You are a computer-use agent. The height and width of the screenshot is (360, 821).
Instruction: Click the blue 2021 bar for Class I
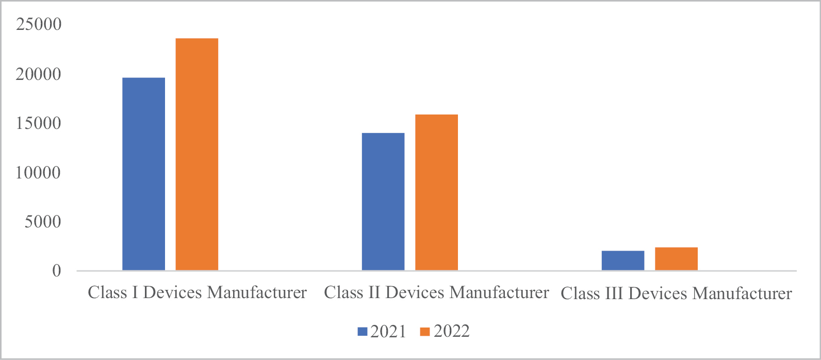tap(143, 174)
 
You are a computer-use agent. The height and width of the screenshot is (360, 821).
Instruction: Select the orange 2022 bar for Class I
tap(197, 154)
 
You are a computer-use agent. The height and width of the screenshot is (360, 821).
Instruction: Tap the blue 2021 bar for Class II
tap(383, 202)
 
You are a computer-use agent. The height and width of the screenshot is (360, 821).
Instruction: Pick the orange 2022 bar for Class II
tap(436, 192)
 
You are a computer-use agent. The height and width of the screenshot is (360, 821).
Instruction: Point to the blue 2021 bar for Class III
tap(622, 260)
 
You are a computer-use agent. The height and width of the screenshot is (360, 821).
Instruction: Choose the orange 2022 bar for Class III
tap(676, 259)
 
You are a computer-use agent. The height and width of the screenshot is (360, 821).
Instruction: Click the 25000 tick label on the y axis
tap(39, 25)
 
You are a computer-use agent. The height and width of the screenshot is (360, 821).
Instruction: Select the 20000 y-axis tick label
tap(39, 74)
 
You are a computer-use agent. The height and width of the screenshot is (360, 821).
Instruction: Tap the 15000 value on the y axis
tap(39, 123)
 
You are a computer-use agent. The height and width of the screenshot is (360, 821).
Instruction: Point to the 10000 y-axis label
tap(39, 172)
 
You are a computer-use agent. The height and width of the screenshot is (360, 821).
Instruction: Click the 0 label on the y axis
tap(56, 271)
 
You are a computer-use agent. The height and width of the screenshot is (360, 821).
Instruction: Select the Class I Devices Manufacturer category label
tap(197, 292)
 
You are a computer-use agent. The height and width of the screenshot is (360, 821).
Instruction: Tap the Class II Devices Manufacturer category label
tap(436, 292)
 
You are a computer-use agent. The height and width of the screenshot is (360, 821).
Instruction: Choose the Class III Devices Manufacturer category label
tap(676, 293)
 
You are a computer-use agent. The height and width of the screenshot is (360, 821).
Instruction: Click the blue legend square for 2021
tap(362, 332)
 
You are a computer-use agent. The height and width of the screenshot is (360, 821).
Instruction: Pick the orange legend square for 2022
tap(425, 332)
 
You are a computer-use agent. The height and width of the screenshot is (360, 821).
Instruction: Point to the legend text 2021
tap(388, 331)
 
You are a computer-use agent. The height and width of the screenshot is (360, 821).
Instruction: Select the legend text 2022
tap(451, 331)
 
